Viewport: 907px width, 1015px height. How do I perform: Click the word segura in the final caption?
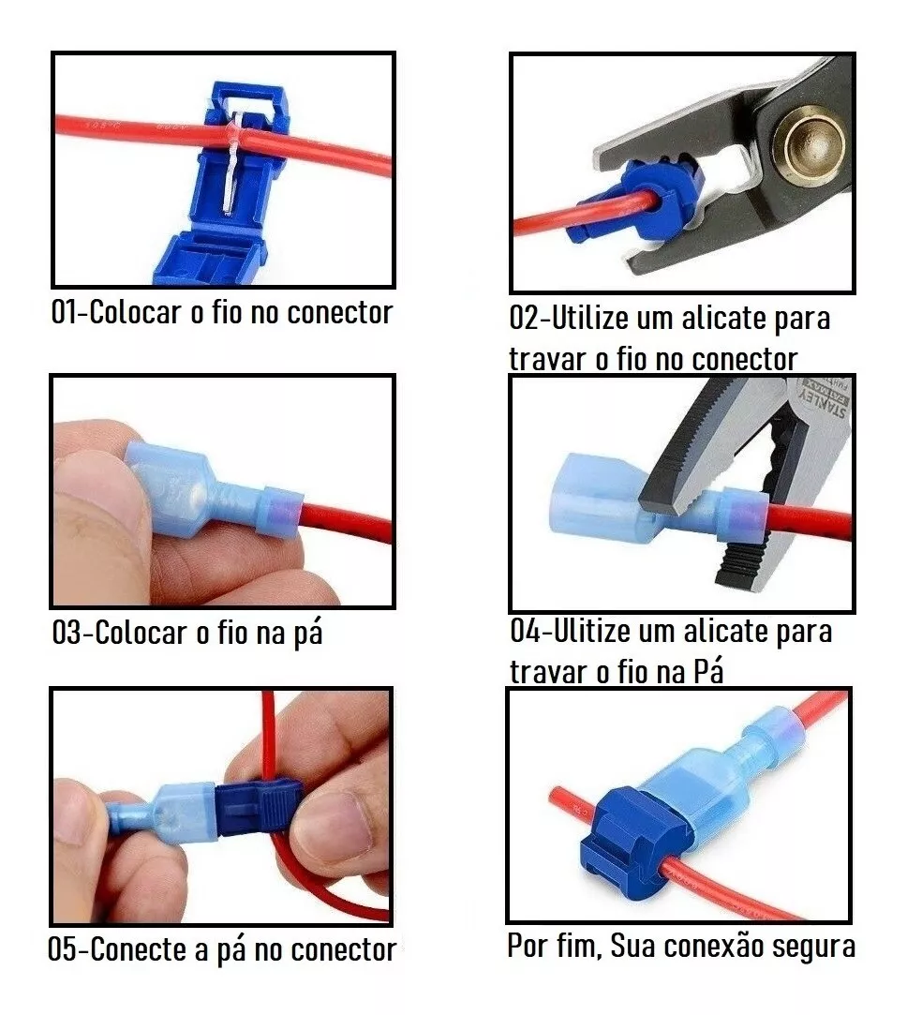coord(813,946)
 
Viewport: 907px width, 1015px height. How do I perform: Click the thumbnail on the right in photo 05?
coord(331,821)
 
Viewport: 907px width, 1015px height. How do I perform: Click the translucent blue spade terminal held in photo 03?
coord(192,491)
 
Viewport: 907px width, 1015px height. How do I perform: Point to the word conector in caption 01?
coord(339,312)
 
